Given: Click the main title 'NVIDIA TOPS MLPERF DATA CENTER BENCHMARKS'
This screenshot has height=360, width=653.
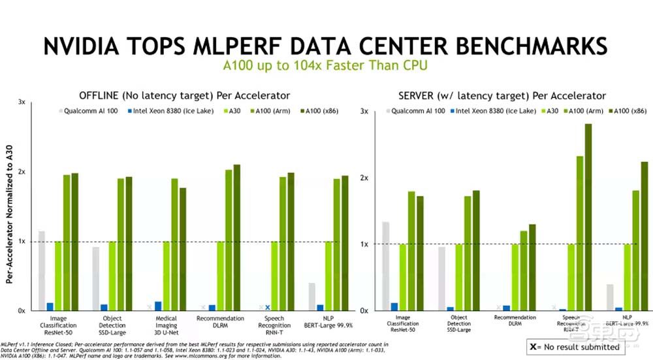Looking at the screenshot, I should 325,46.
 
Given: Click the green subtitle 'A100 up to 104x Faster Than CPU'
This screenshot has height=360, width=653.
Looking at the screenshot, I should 325,67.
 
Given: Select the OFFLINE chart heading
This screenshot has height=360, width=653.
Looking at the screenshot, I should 184,95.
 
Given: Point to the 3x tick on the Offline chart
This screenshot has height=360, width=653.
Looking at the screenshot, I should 22,103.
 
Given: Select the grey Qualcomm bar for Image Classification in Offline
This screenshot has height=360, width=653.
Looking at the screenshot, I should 42,270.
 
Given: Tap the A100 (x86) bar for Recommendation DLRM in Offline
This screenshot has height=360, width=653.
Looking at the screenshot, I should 236,237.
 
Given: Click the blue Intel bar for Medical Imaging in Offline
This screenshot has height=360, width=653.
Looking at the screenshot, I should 158,306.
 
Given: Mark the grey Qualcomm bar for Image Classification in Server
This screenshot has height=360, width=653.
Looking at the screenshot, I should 385,266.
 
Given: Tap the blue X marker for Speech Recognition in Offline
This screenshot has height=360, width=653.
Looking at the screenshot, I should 267,307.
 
